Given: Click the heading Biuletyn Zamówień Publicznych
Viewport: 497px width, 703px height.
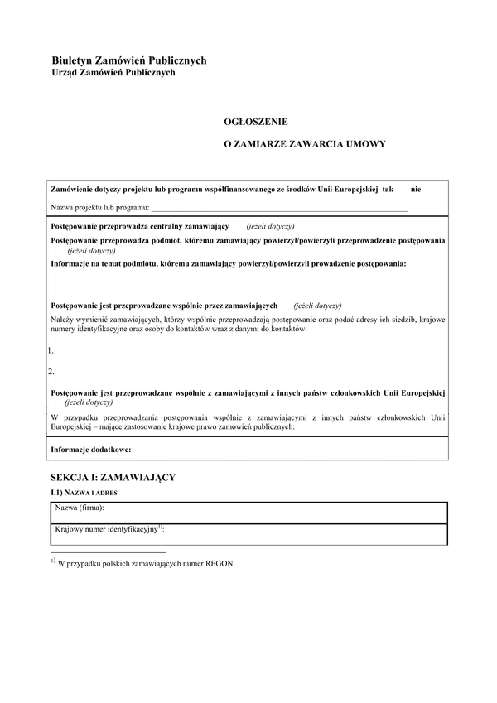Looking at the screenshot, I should (x=128, y=60).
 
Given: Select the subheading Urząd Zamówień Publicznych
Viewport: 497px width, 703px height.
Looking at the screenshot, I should (x=113, y=73).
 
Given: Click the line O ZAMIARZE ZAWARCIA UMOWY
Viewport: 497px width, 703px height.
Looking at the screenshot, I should (x=306, y=143).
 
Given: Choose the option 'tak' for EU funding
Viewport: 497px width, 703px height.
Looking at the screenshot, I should (x=388, y=190).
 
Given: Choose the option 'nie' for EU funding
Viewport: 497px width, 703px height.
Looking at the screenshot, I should (x=416, y=190).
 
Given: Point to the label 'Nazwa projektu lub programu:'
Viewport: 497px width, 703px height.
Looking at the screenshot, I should (x=100, y=207).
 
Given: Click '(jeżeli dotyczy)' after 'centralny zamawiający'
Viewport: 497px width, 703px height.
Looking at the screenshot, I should (x=270, y=226).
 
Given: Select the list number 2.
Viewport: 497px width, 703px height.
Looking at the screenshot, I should (x=51, y=371).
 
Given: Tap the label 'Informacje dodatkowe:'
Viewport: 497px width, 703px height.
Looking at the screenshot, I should (x=91, y=449).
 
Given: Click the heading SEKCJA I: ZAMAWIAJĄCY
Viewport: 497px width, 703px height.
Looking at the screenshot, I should (x=113, y=479).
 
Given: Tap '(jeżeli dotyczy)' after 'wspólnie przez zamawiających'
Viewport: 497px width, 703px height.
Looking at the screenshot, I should (x=317, y=305).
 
